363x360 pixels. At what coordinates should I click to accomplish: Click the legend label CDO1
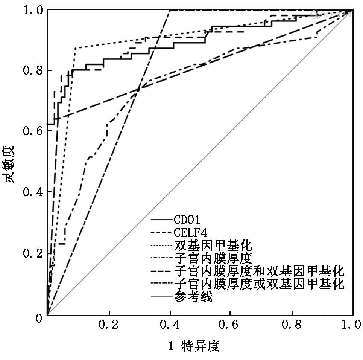[187, 220]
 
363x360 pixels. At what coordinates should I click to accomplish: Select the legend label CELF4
[191, 232]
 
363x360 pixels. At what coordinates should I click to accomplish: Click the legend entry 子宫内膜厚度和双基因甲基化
[259, 271]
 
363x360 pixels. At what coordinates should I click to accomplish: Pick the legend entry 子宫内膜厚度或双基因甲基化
[259, 284]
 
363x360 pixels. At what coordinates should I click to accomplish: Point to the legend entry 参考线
[194, 297]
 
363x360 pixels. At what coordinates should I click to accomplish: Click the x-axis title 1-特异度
[193, 346]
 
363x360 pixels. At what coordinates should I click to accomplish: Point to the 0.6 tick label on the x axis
[231, 325]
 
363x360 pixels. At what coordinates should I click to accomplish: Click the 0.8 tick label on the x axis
[292, 325]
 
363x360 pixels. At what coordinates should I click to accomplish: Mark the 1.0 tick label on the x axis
[352, 325]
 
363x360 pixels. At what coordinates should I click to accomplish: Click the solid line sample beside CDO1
[161, 220]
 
